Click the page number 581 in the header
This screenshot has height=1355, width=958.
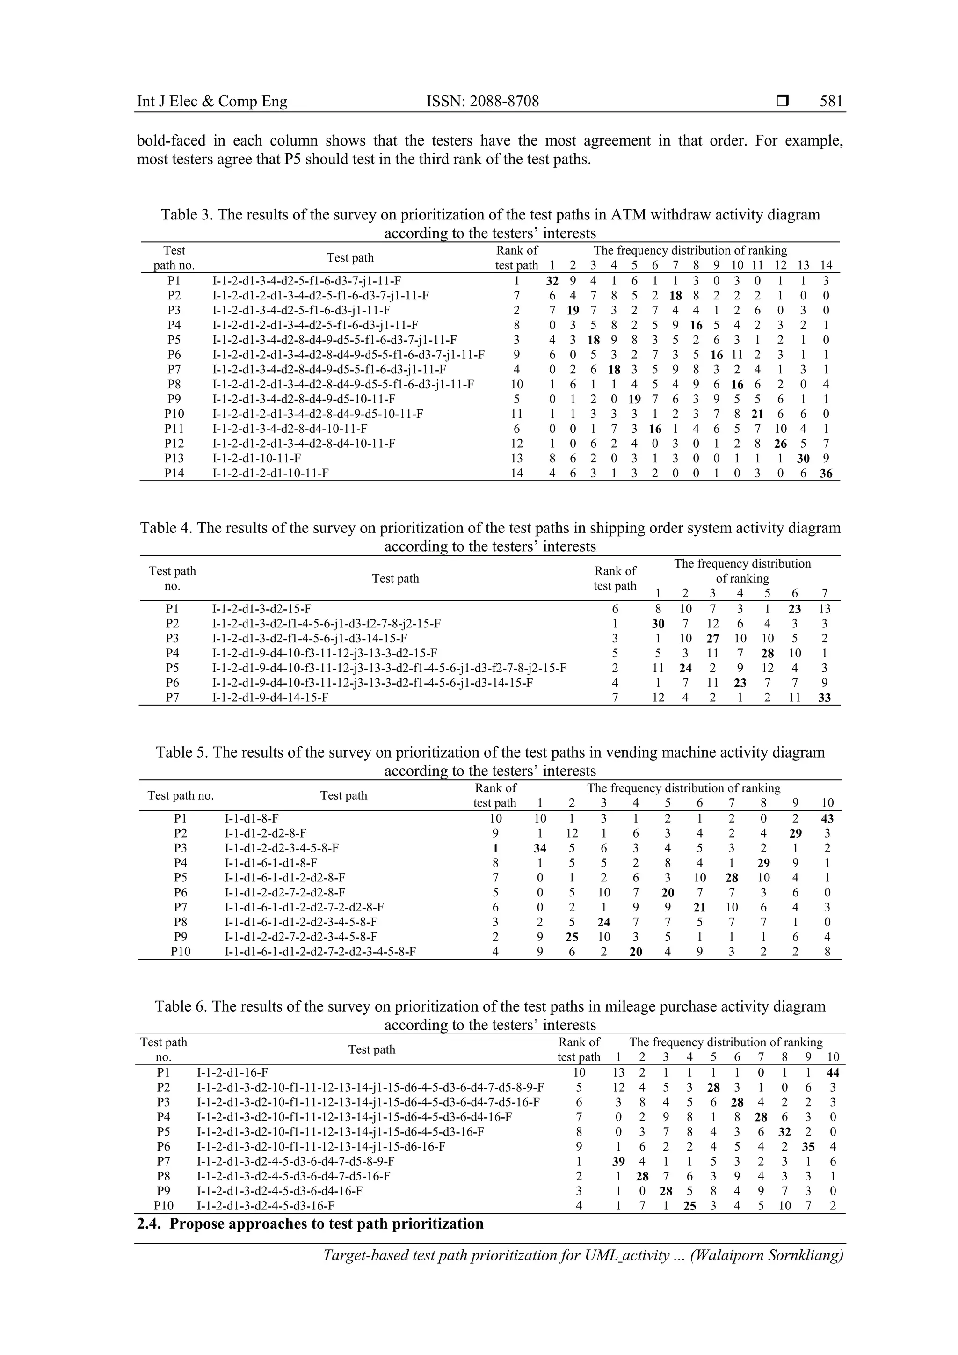(831, 102)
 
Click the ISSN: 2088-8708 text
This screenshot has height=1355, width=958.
(483, 102)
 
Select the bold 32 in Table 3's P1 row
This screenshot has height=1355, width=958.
(552, 281)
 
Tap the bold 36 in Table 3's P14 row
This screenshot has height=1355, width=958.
(826, 474)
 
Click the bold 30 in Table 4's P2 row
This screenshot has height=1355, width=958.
(658, 624)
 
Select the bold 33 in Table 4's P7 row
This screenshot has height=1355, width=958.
(824, 698)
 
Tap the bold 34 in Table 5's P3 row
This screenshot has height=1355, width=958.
(539, 849)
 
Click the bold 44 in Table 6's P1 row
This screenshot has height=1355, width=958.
(832, 1073)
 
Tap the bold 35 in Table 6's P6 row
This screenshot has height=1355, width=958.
(808, 1147)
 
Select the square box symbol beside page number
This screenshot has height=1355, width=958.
(782, 102)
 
